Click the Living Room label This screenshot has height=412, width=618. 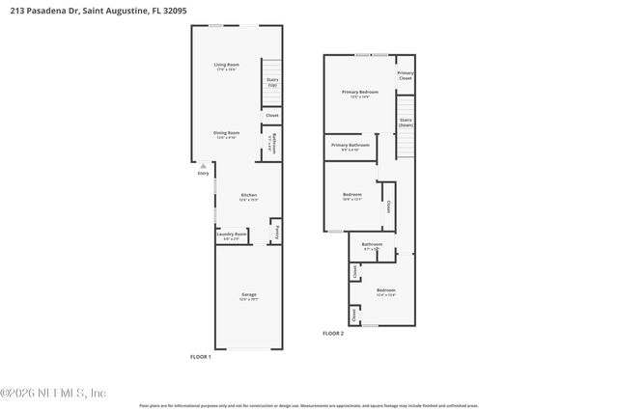tap(227, 65)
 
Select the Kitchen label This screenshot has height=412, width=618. tap(249, 195)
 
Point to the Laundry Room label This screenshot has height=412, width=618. tap(232, 233)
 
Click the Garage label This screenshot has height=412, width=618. tap(249, 294)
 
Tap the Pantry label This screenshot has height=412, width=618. tap(278, 232)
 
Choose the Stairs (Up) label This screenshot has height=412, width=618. tap(272, 82)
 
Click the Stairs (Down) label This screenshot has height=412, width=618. tap(406, 123)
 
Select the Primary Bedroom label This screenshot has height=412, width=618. tap(359, 92)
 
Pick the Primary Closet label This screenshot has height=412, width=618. tap(406, 74)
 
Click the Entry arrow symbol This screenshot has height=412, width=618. tap(203, 166)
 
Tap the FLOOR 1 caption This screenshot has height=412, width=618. tap(200, 357)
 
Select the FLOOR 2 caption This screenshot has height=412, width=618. tap(332, 333)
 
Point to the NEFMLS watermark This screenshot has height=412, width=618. tap(53, 393)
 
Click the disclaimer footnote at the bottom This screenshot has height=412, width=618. tap(309, 405)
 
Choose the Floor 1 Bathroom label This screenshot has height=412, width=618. tap(273, 144)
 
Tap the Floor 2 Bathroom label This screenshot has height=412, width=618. tap(373, 244)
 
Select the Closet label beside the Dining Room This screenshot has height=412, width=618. tap(272, 115)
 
